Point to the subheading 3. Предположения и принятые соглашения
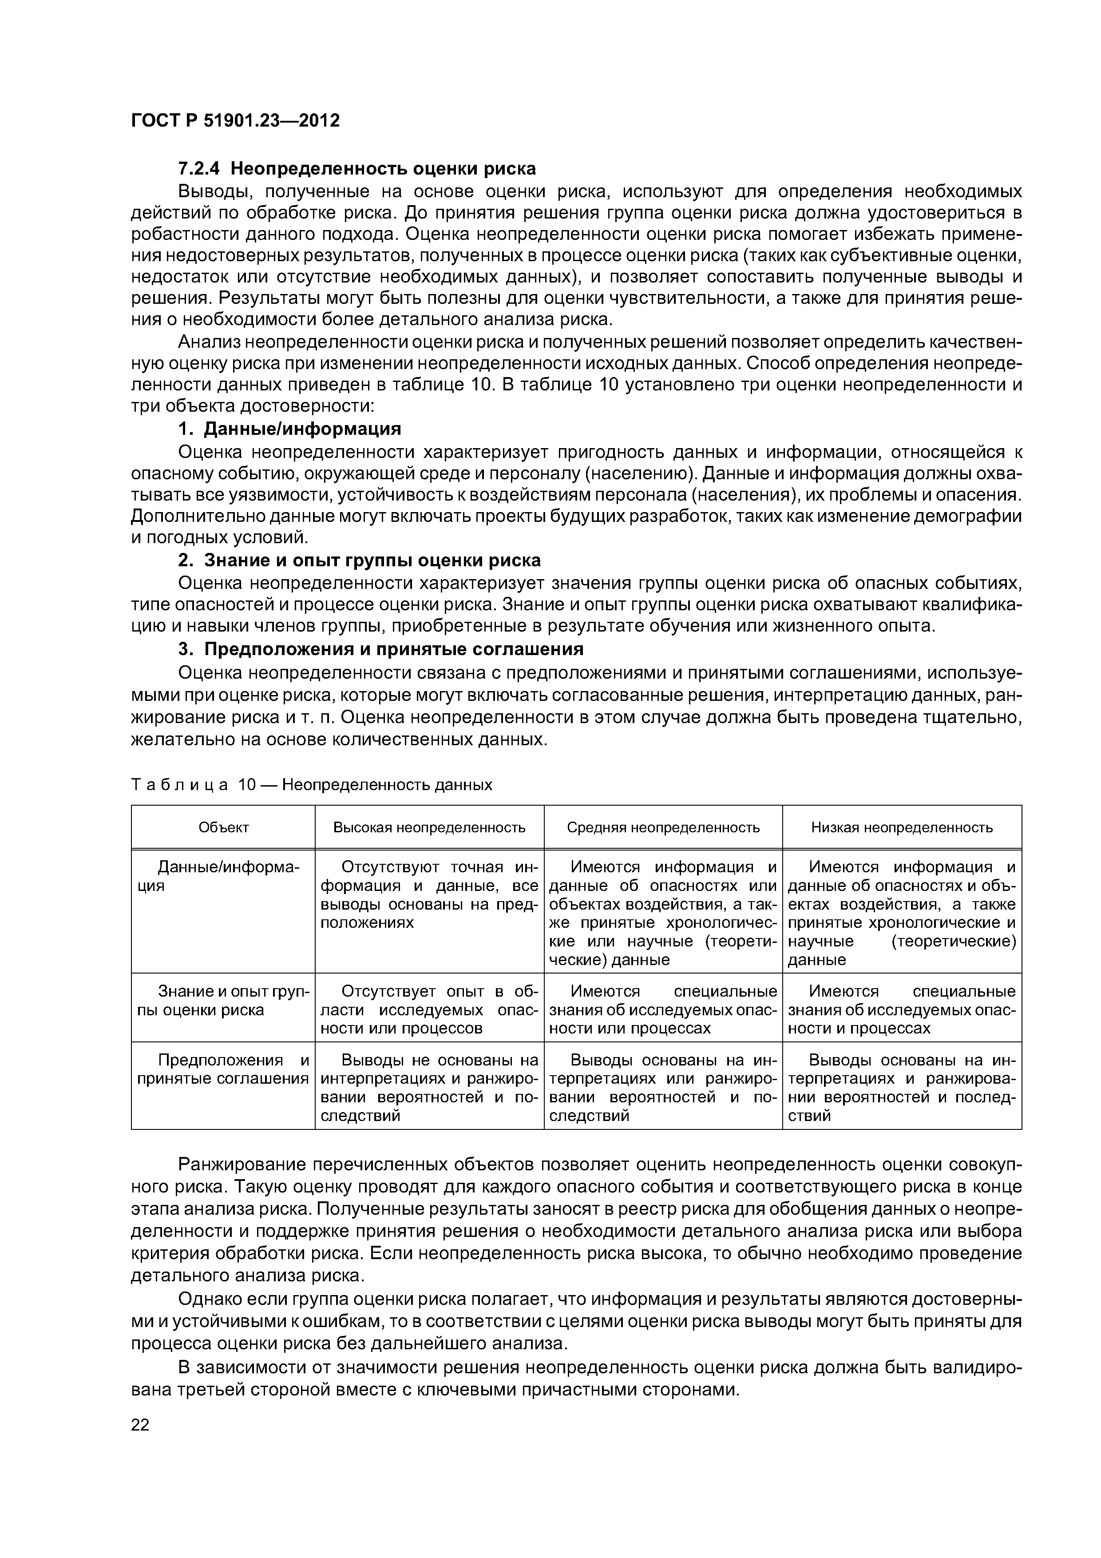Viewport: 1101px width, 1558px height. point(380,649)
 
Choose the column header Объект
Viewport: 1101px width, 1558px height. point(223,827)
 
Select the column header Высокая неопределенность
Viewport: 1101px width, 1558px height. point(429,827)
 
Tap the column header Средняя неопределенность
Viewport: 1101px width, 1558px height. point(663,827)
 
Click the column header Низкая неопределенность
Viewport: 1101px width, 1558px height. point(902,827)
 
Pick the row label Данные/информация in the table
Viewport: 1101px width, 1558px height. point(223,877)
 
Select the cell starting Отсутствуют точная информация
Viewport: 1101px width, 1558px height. point(429,895)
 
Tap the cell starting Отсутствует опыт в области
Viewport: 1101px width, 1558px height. point(429,1010)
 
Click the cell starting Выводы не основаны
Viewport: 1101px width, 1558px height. point(429,1088)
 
